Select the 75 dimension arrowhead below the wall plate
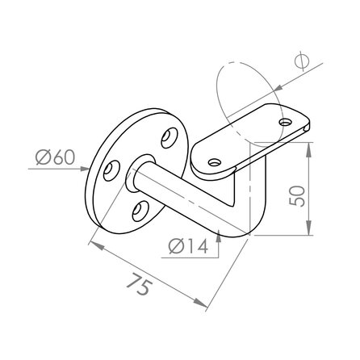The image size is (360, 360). point(91,243)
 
